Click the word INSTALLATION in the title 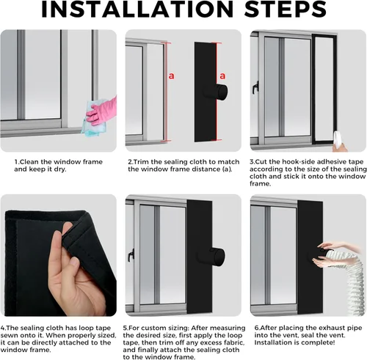tap(137, 9)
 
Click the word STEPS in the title tap(286, 9)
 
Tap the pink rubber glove tap(102, 111)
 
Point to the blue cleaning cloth tap(94, 119)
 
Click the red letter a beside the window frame tap(172, 76)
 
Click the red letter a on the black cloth tap(222, 76)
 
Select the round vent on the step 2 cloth tap(216, 92)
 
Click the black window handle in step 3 tap(255, 87)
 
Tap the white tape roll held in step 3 tap(337, 139)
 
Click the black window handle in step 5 tap(131, 255)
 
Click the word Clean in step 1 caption tap(29, 162)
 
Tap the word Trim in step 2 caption tap(142, 162)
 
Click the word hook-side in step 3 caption tap(298, 162)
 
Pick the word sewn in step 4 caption tap(9, 335)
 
